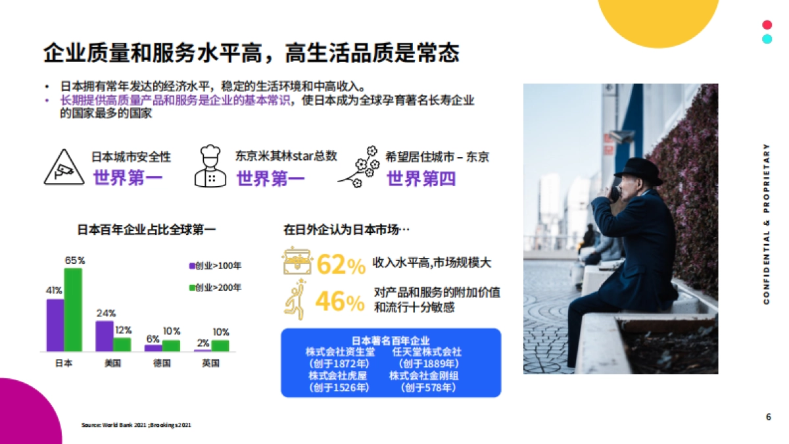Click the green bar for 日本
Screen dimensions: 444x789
(x=73, y=309)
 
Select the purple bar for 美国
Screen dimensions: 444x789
(x=104, y=335)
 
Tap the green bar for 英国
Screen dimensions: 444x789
(x=220, y=345)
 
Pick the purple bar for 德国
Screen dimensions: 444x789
(x=153, y=347)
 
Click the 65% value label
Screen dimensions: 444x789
(x=74, y=260)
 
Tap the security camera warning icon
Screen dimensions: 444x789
(x=64, y=167)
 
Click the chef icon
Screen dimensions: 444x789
(x=210, y=167)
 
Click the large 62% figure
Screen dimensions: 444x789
(x=341, y=264)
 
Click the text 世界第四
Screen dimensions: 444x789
(x=421, y=178)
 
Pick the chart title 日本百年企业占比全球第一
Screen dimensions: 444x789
(x=147, y=230)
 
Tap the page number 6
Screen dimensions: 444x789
(x=769, y=417)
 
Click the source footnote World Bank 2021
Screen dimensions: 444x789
(x=137, y=425)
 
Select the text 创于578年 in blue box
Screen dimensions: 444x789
(x=427, y=388)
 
